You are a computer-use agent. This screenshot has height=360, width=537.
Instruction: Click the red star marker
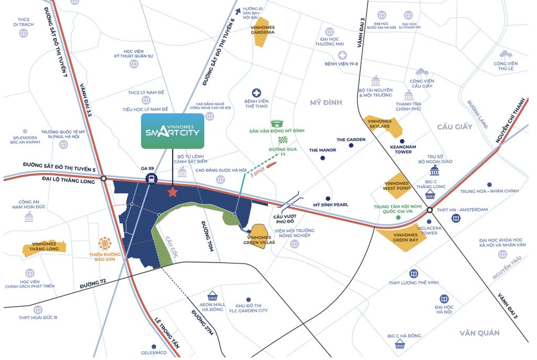pyautogui.click(x=172, y=192)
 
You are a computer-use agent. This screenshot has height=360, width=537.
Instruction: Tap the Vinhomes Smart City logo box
pyautogui.click(x=172, y=130)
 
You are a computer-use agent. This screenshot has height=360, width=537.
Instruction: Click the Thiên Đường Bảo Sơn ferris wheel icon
pyautogui.click(x=105, y=244)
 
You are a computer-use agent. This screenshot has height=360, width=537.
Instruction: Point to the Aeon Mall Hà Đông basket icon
pyautogui.click(x=212, y=296)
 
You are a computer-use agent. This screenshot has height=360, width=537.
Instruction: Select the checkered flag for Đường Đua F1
pyautogui.click(x=284, y=140)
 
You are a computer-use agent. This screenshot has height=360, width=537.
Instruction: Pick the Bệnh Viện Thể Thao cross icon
pyautogui.click(x=257, y=92)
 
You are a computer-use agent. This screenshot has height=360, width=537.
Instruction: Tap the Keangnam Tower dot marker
pyautogui.click(x=402, y=141)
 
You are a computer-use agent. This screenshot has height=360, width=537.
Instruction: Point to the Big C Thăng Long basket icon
pyautogui.click(x=431, y=195)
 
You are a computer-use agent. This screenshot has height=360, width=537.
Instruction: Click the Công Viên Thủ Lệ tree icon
pyautogui.click(x=506, y=54)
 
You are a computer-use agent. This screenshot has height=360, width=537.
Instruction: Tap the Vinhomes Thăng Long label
pyautogui.click(x=45, y=249)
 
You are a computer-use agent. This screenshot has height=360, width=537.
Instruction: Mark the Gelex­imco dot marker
pyautogui.click(x=153, y=346)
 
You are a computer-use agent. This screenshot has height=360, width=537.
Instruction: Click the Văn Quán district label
pyautogui.click(x=479, y=333)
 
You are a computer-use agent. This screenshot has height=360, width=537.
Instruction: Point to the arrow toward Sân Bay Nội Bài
pyautogui.click(x=239, y=10)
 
